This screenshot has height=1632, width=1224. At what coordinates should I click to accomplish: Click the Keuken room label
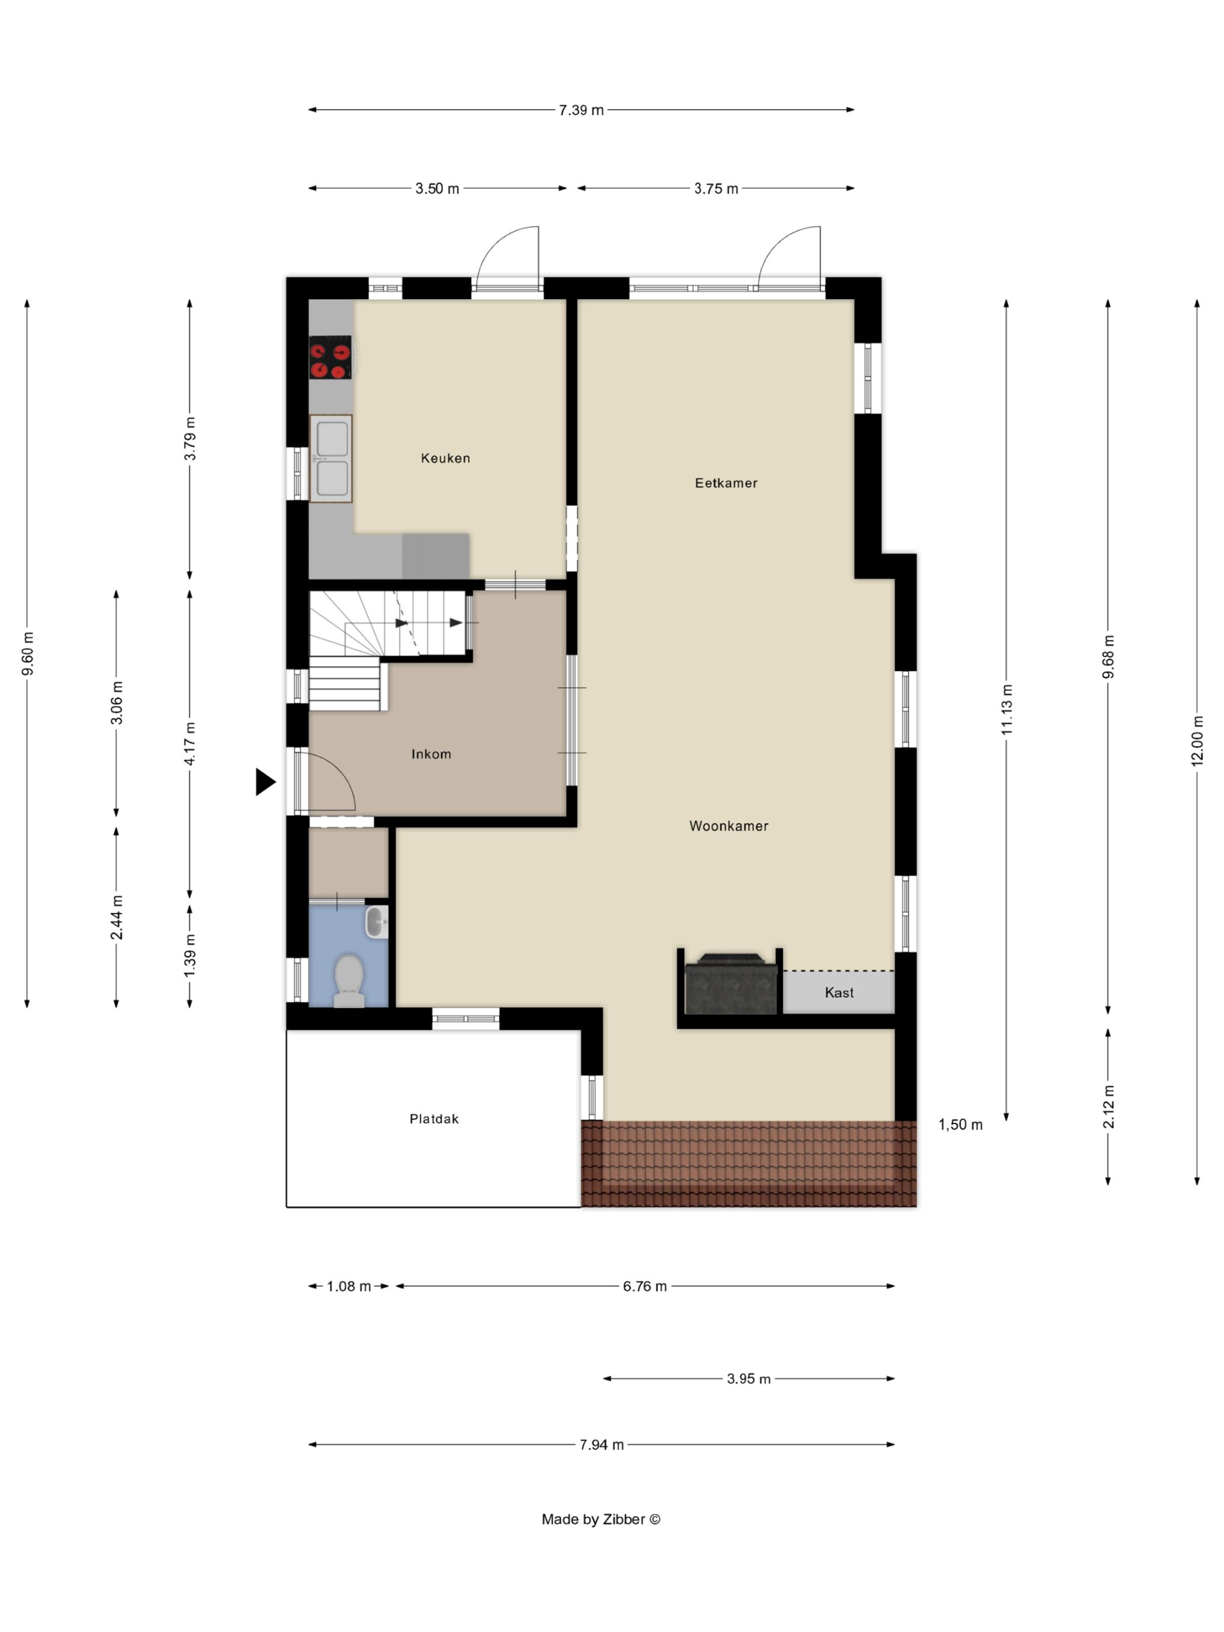pyautogui.click(x=445, y=458)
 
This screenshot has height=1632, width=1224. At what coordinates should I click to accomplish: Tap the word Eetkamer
pyautogui.click(x=726, y=483)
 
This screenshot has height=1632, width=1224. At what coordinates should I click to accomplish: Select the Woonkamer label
pyautogui.click(x=728, y=826)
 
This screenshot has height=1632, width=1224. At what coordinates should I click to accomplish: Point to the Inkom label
pyautogui.click(x=431, y=754)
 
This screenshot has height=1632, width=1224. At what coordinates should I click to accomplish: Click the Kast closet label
pyautogui.click(x=839, y=993)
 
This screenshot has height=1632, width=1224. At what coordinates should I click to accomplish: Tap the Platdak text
pyautogui.click(x=434, y=1119)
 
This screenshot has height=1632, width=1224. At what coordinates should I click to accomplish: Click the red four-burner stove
pyautogui.click(x=330, y=358)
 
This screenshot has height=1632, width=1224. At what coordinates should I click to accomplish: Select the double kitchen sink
pyautogui.click(x=331, y=458)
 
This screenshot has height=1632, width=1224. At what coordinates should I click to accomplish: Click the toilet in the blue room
pyautogui.click(x=349, y=982)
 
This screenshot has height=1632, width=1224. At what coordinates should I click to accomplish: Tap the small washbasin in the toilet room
pyautogui.click(x=377, y=922)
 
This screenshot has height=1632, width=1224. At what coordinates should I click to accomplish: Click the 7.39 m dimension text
pyautogui.click(x=581, y=110)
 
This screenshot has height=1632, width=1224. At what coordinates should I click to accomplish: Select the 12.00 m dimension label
pyautogui.click(x=1197, y=741)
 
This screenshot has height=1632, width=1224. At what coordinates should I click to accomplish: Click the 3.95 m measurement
pyautogui.click(x=748, y=1379)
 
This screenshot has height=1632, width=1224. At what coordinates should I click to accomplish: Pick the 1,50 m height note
pyautogui.click(x=960, y=1124)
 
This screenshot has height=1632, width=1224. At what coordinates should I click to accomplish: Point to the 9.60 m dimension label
pyautogui.click(x=27, y=654)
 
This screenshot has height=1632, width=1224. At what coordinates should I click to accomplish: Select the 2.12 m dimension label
pyautogui.click(x=1108, y=1107)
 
